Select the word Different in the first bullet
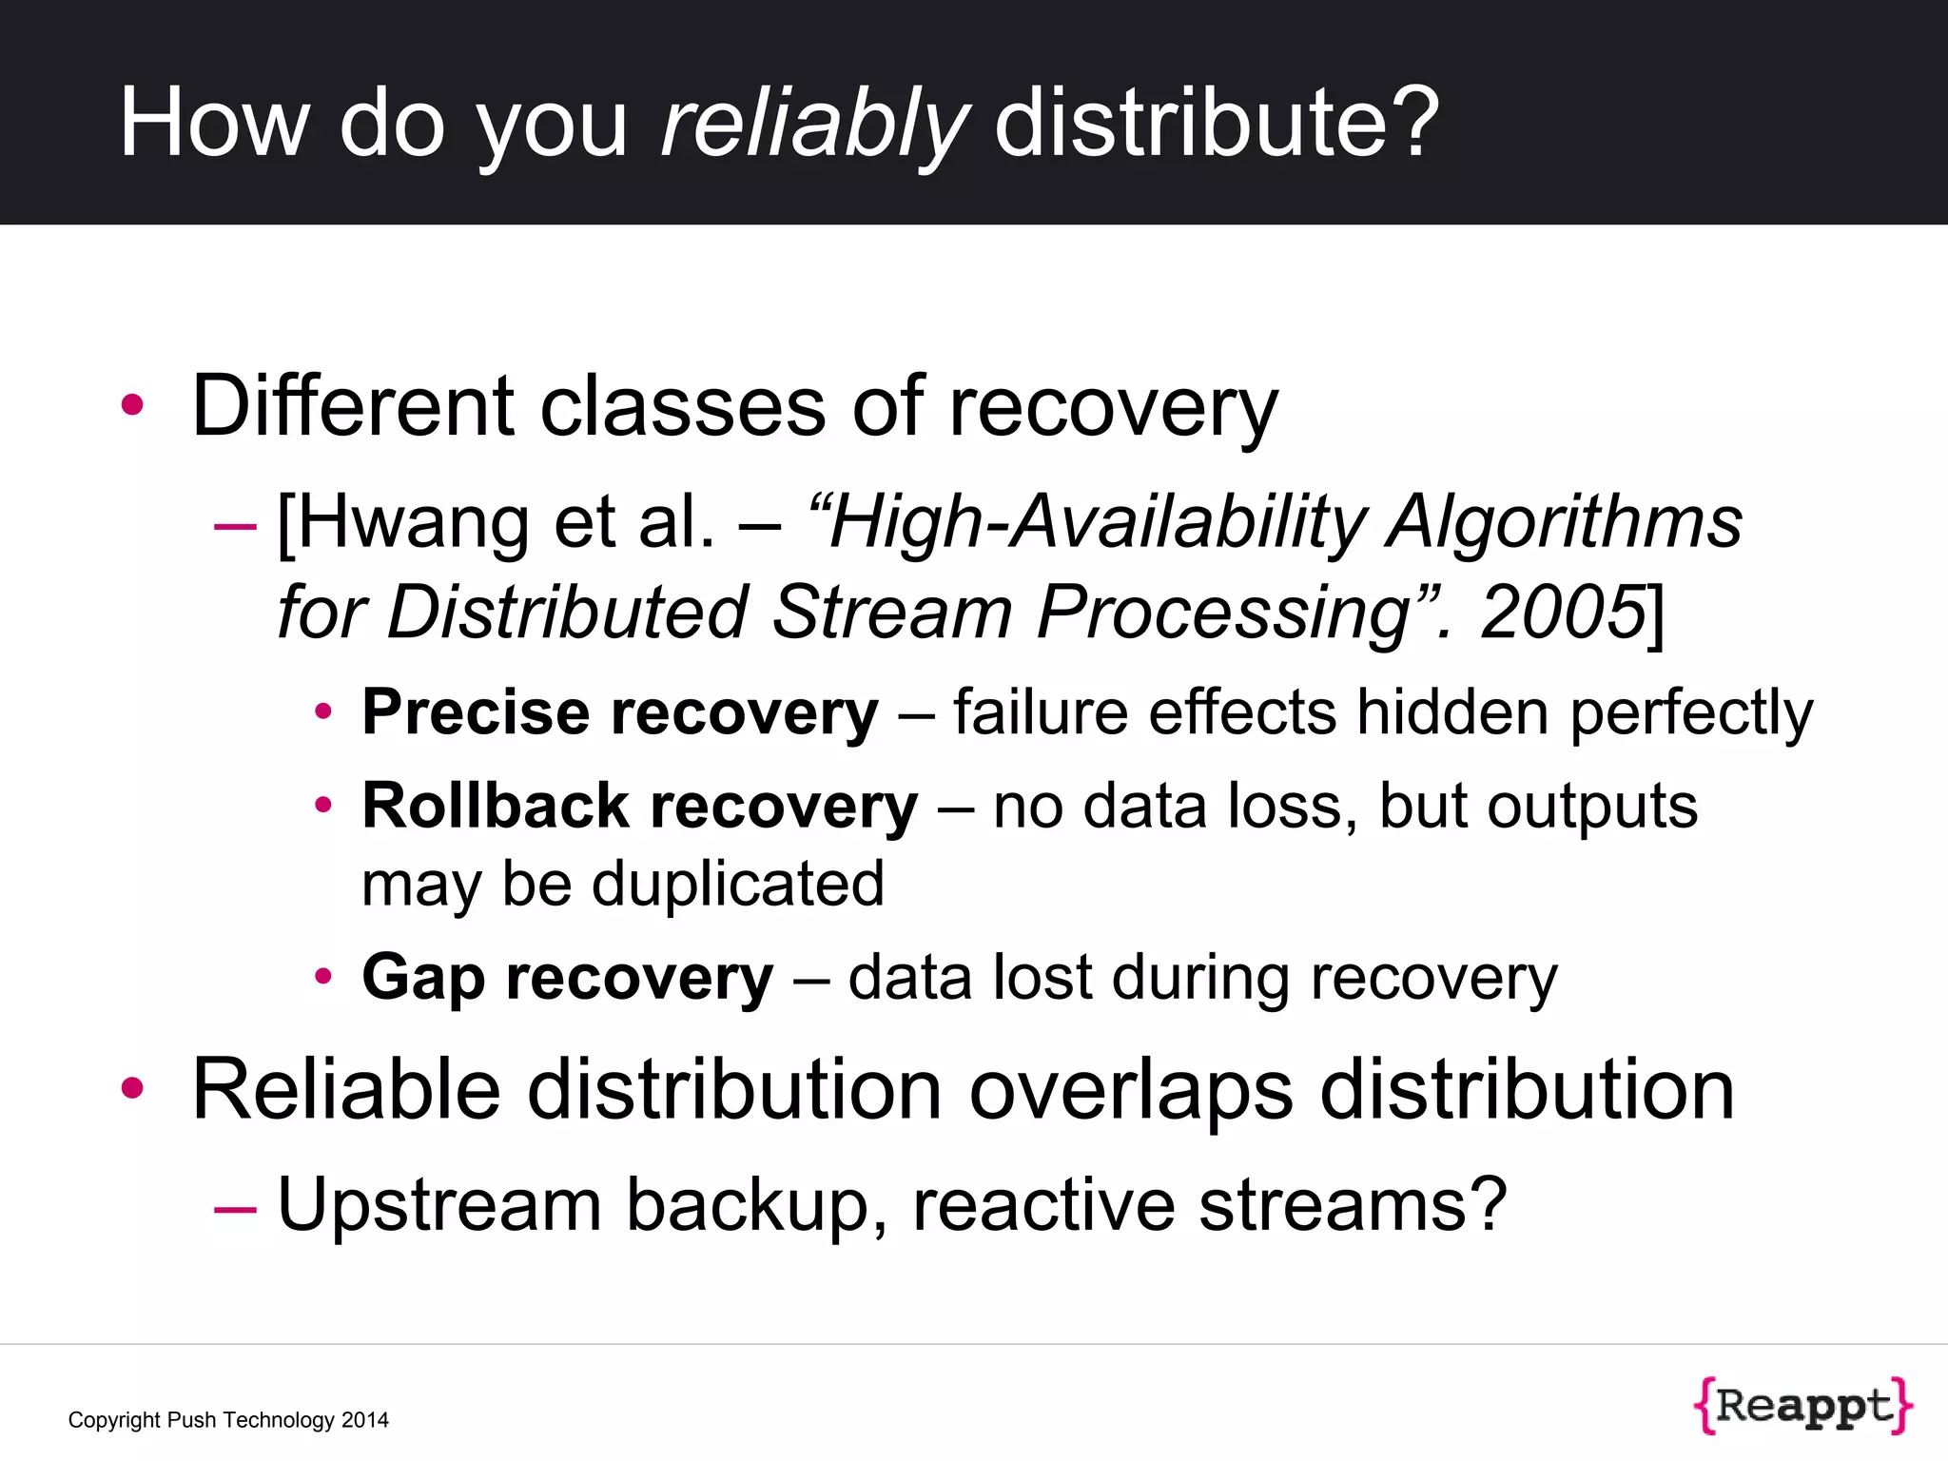pyautogui.click(x=353, y=406)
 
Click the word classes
pyautogui.click(x=683, y=408)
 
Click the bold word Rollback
pyautogui.click(x=496, y=806)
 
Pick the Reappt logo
pyautogui.click(x=1802, y=1405)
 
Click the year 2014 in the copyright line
pyautogui.click(x=365, y=1420)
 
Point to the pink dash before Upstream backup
pyautogui.click(x=235, y=1208)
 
